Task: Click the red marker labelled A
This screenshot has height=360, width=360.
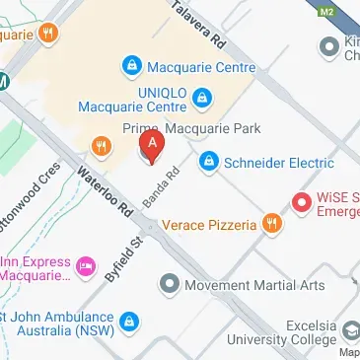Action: [151, 148]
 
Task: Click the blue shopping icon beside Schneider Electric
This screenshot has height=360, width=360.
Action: [208, 160]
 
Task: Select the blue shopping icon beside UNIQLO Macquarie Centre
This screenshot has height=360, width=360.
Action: [201, 98]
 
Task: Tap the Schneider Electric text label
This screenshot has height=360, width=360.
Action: [269, 160]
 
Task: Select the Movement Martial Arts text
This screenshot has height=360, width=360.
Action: [255, 286]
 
